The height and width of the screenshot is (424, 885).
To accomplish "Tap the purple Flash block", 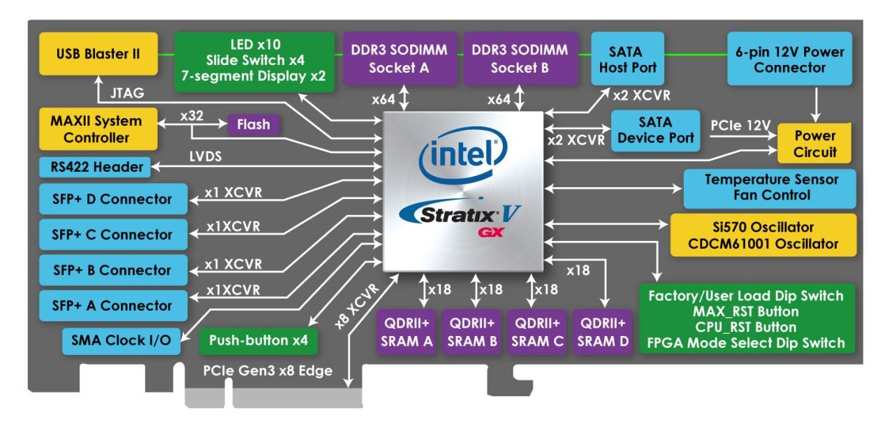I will tap(254, 126).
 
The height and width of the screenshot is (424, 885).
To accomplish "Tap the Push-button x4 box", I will tap(258, 342).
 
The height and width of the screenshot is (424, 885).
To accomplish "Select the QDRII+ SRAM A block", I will tap(408, 331).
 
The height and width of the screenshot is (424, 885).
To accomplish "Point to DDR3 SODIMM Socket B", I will tap(519, 59).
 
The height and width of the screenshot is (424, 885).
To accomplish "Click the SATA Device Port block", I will tap(655, 130).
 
